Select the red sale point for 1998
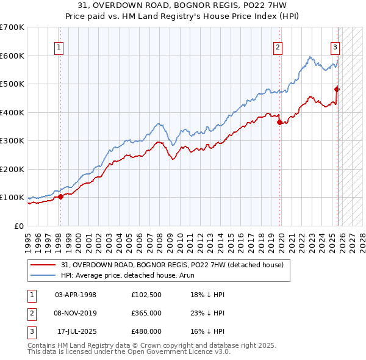(x=60, y=196)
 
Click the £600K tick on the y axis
(x=12, y=56)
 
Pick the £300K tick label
(x=12, y=141)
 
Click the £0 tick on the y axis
(x=18, y=226)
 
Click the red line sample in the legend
(x=43, y=265)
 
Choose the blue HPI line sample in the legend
(x=43, y=275)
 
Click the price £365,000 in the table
(x=146, y=312)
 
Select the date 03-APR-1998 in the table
(x=76, y=295)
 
